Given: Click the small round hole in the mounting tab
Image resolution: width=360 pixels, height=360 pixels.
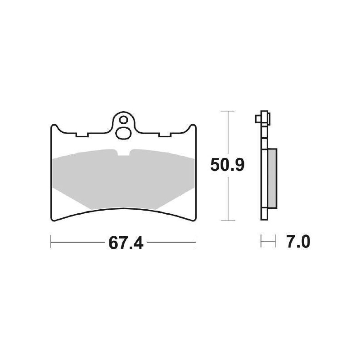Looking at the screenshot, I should [122, 120].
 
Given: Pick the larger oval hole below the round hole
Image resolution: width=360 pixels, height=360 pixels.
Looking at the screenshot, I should [122, 133].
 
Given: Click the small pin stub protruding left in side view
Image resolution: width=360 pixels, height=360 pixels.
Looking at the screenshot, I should [256, 119].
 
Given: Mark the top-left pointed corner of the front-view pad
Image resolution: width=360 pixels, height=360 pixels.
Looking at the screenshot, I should [51, 126].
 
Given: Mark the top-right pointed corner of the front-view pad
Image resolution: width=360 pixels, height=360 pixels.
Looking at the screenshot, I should [195, 126].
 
